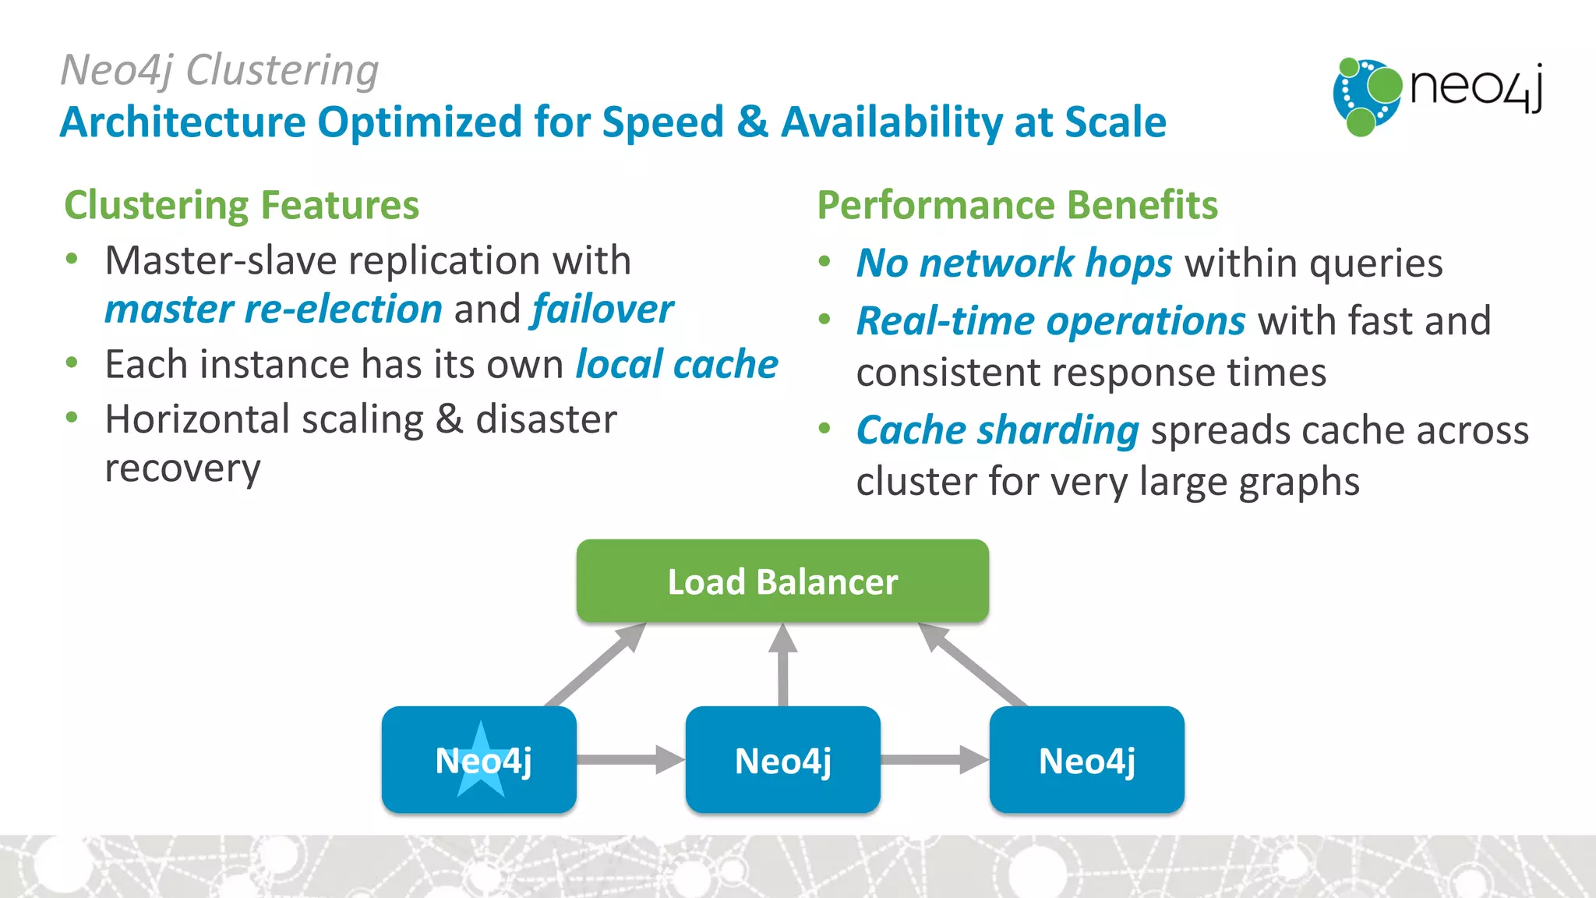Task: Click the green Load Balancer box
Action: coord(782,582)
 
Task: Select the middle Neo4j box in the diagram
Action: coord(782,760)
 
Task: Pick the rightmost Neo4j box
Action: coord(1086,760)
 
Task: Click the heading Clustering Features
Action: coord(242,205)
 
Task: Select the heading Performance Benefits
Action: coord(1017,205)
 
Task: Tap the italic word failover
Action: coord(602,309)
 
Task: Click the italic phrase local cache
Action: coord(676,365)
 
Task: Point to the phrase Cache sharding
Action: coord(997,430)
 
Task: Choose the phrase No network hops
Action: coord(1014,263)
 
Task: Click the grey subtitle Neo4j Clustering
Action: coord(220,70)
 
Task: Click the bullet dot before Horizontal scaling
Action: coord(72,418)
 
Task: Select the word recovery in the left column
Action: coord(182,469)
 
